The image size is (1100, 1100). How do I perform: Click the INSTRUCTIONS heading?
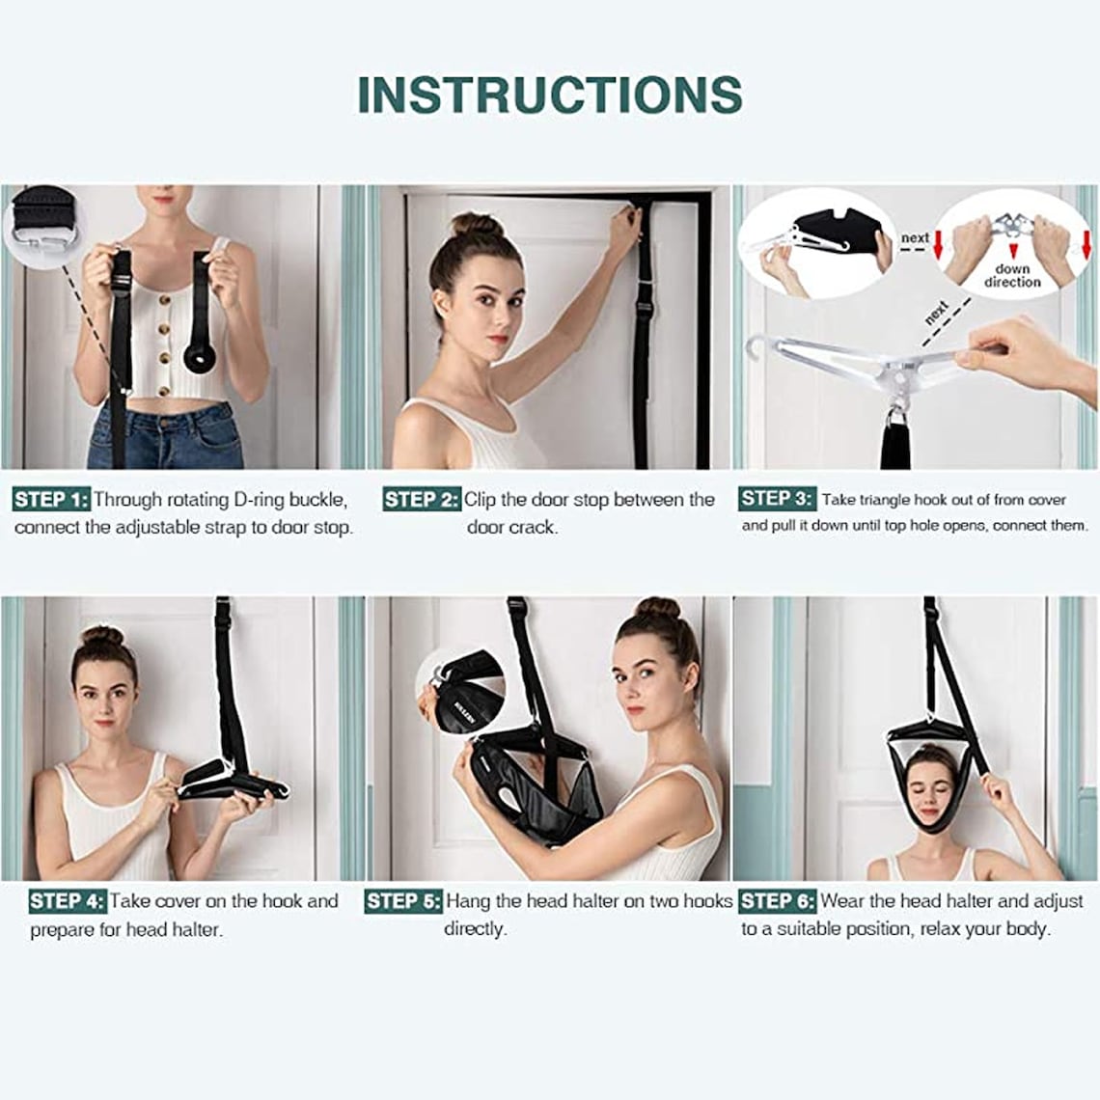click(x=550, y=95)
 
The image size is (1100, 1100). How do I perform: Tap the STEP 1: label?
click(x=51, y=500)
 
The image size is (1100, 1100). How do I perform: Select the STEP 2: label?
click(x=422, y=500)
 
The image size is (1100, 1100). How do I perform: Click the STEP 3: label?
click(x=777, y=499)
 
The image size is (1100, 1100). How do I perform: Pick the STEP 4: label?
click(x=67, y=901)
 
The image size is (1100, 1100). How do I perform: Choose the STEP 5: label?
click(x=403, y=901)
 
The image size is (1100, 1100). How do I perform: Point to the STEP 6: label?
click(x=778, y=901)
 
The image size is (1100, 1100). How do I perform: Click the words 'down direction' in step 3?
click(x=1012, y=276)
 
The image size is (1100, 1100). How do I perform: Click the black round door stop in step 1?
click(x=203, y=359)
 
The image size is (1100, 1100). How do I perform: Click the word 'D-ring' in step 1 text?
click(x=259, y=500)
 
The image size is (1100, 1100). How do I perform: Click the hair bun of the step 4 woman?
click(x=102, y=636)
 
